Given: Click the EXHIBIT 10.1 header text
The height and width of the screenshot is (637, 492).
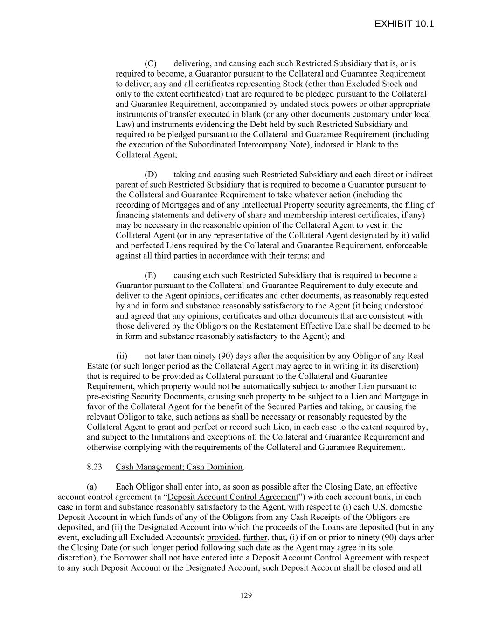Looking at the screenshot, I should click(404, 24).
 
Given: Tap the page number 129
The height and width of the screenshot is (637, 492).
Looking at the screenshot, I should click(246, 595).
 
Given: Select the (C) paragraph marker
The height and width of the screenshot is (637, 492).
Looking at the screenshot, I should click(150, 63).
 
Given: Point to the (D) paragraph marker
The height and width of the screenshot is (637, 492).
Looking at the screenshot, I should click(150, 175).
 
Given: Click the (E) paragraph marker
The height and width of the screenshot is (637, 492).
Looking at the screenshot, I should click(150, 275).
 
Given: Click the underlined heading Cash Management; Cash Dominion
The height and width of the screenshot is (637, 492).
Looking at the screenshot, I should click(179, 467).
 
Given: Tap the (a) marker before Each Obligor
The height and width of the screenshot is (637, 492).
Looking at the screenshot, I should click(91, 487).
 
